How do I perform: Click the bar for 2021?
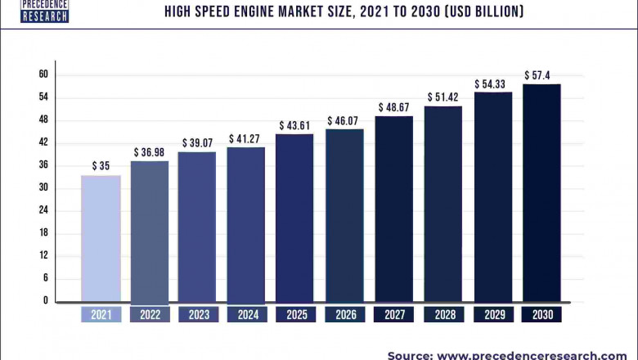coord(101,238)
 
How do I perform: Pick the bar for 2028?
coord(443,204)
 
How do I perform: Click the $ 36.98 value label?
coord(150,152)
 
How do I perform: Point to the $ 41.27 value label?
coord(246,138)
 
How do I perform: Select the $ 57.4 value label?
coord(542,75)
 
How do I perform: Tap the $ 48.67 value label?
coord(394,107)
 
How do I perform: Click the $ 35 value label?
coord(101,166)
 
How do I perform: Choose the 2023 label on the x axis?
coord(198,314)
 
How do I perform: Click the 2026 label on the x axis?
coord(345,314)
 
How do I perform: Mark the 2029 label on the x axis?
coord(492,314)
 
